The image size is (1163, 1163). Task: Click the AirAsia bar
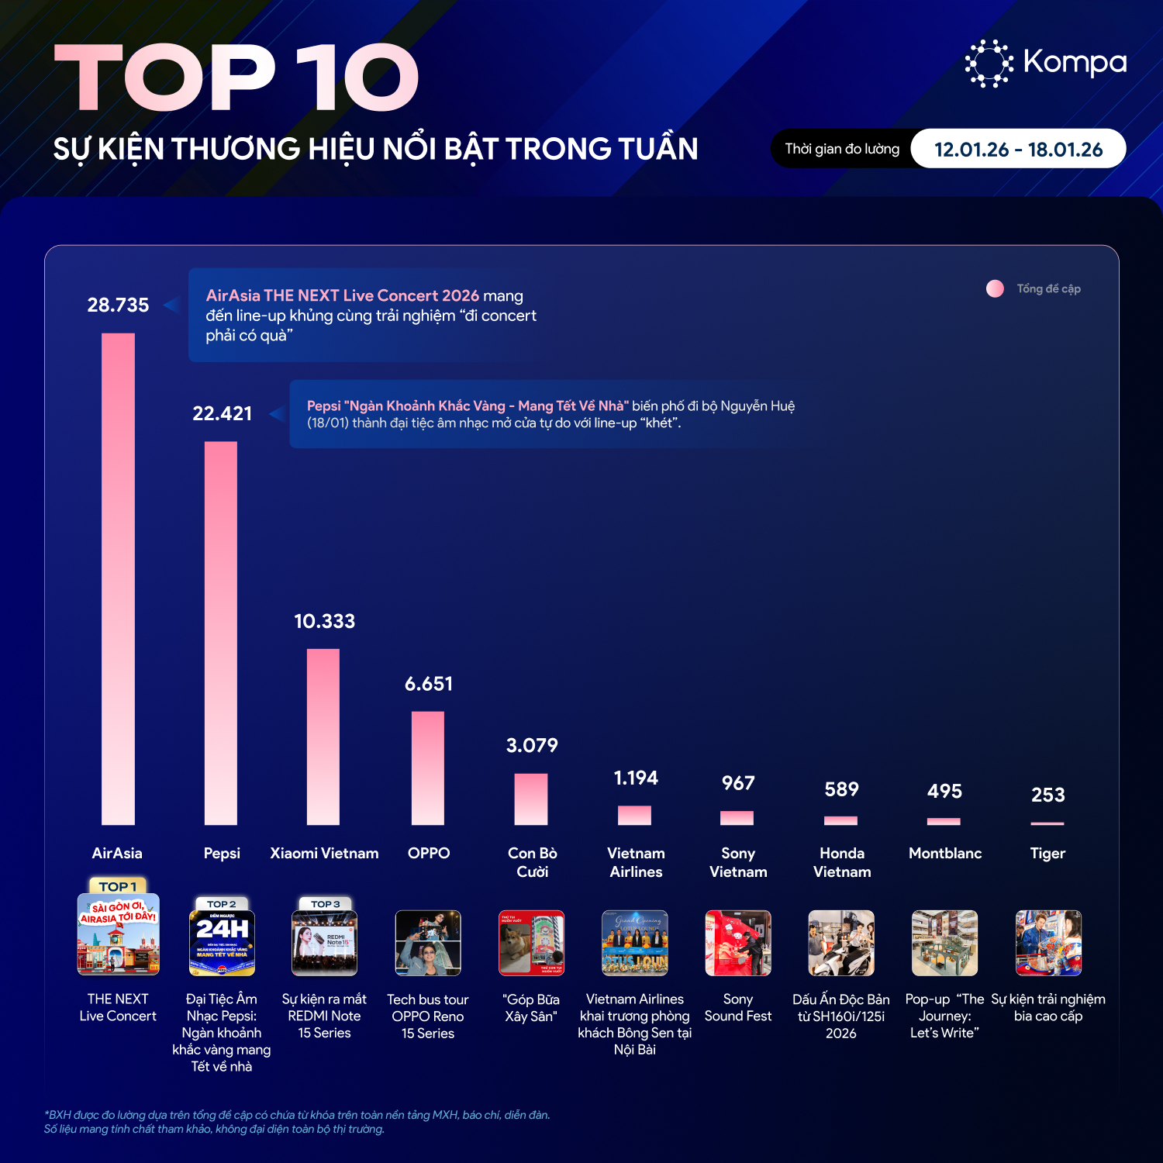coord(118,578)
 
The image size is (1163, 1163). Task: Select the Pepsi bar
coord(221,633)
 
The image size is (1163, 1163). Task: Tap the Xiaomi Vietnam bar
coord(323,737)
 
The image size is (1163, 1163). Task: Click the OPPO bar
coord(428,768)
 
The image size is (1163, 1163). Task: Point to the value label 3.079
coord(532,746)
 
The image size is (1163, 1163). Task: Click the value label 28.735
coord(118,305)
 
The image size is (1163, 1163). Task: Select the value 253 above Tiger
coord(1048,795)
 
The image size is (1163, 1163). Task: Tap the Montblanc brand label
coord(945,854)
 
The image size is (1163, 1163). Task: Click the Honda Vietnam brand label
coord(842,862)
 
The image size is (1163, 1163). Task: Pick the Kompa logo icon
coord(989,63)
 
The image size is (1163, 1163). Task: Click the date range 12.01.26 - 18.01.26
coord(1018,150)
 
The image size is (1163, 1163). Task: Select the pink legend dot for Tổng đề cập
coord(995,288)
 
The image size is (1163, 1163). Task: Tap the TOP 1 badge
coord(118,886)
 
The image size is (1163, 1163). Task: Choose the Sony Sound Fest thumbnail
coord(738,943)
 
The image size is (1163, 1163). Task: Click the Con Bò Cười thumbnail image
coord(532,943)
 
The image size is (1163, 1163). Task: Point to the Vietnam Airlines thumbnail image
coord(635,943)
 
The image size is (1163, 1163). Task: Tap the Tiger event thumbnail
coord(1048,943)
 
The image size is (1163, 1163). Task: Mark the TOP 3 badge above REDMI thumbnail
coord(325,904)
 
